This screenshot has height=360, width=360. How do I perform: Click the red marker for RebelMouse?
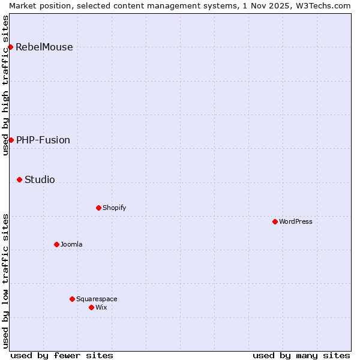click(10, 47)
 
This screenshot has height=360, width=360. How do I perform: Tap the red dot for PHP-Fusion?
click(11, 140)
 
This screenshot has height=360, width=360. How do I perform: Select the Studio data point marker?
click(19, 179)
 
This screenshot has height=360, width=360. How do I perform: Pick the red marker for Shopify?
click(98, 208)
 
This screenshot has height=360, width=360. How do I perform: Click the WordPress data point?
click(275, 221)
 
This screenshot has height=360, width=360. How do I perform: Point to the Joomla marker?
click(56, 244)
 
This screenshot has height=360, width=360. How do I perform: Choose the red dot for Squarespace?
click(72, 299)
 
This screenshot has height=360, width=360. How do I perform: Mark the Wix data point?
click(91, 307)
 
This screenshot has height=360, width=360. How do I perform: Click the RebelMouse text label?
click(44, 47)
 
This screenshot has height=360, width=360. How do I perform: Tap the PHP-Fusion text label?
click(43, 140)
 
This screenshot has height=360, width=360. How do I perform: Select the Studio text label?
click(40, 180)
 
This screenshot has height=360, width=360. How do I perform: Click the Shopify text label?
click(115, 208)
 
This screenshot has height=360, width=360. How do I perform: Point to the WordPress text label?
click(296, 222)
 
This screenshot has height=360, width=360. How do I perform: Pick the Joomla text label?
click(71, 245)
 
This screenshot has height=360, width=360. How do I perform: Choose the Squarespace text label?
click(97, 299)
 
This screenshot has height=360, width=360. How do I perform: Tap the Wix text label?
click(101, 308)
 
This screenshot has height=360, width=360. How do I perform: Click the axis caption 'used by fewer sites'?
click(62, 356)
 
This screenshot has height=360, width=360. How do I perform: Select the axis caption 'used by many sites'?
click(301, 356)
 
